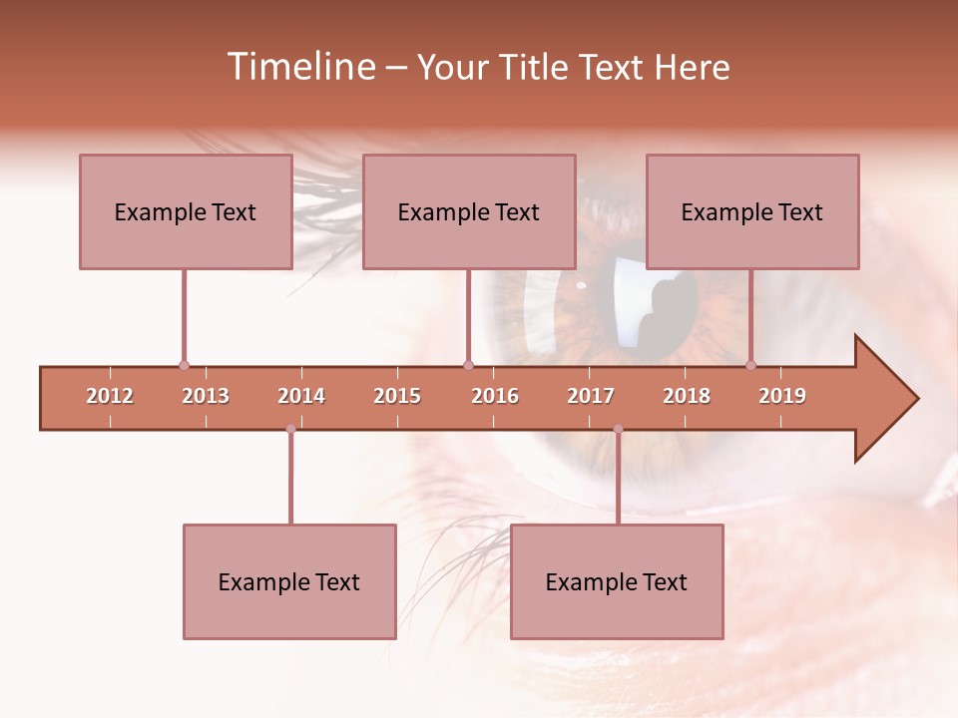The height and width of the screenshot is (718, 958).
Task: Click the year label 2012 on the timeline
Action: click(110, 396)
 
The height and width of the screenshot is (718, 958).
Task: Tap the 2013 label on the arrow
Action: click(206, 396)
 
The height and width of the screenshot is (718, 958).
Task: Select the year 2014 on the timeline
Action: click(301, 396)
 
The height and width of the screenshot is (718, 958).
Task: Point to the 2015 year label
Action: click(397, 396)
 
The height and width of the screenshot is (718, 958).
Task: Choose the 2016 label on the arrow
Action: click(495, 396)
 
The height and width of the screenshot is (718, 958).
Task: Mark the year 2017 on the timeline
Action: click(591, 396)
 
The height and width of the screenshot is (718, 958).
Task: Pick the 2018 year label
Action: click(687, 396)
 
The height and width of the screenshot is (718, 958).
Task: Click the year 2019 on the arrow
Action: click(782, 396)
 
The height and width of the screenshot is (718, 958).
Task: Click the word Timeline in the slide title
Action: click(299, 67)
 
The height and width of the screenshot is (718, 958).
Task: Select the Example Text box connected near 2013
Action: click(186, 211)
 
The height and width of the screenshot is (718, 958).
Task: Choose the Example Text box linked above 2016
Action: click(469, 211)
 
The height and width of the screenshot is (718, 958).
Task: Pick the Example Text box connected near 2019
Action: click(752, 211)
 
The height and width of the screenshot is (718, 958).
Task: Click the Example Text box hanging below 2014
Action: click(289, 581)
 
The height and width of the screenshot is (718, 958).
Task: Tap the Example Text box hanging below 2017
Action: click(617, 581)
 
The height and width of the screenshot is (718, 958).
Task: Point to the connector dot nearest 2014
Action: click(290, 429)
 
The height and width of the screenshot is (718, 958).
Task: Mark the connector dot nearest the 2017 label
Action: click(618, 429)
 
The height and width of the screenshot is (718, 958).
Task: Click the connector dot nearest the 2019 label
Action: click(751, 365)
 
